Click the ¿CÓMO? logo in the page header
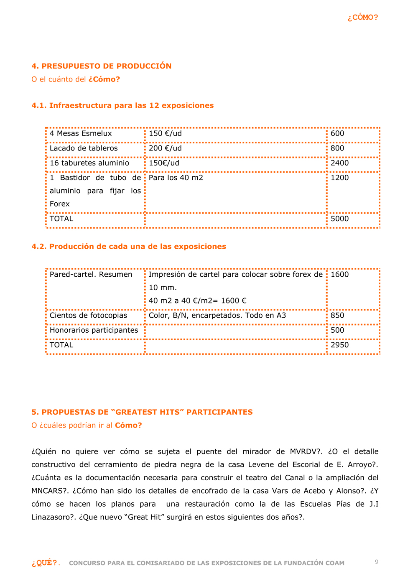coord(362,17)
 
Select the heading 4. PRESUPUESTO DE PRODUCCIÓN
coord(102,66)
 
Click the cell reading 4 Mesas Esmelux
coord(81,133)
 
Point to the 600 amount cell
coord(337,133)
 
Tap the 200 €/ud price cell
coord(165,148)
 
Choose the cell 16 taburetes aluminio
coord(89,163)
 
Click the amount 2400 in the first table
coord(339,163)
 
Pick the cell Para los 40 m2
coord(176,178)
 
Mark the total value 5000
coord(339,219)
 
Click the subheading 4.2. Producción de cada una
coord(129,247)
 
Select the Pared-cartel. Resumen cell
coord(91,275)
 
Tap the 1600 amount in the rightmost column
coord(339,275)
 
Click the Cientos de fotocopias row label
coord(88,316)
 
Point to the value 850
coord(337,316)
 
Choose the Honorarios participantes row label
coord(94,330)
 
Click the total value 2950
coord(339,345)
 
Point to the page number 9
coord(377,562)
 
